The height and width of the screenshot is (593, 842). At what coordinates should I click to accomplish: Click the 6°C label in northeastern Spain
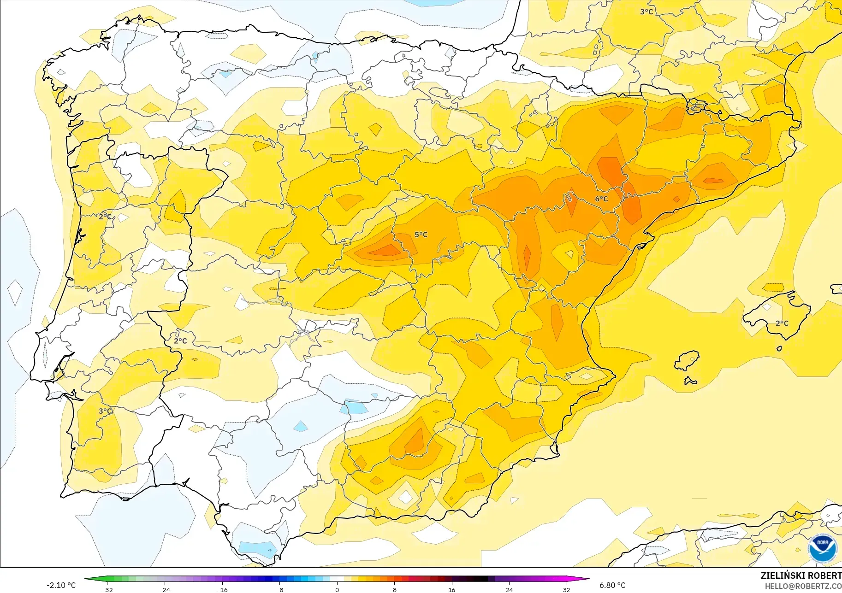coord(601,199)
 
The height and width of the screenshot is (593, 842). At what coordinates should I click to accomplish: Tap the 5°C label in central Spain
coord(421,235)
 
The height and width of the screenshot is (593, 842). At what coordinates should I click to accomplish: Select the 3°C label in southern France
coord(646,12)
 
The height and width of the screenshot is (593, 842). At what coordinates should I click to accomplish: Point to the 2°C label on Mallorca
coord(782,323)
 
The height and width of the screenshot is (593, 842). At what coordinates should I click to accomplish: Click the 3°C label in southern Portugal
coord(105,411)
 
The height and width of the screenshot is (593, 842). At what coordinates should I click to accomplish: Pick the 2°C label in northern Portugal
coord(105,217)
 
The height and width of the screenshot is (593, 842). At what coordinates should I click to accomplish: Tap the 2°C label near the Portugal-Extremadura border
coord(180,341)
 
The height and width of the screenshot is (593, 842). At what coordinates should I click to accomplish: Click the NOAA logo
coord(822,548)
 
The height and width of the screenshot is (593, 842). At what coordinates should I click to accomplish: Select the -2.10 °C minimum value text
coord(61,585)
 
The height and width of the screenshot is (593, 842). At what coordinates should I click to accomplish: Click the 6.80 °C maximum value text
coord(612,585)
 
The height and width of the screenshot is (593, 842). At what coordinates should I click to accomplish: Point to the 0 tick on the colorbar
coord(337,589)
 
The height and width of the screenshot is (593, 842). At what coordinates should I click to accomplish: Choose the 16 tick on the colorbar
coord(451,589)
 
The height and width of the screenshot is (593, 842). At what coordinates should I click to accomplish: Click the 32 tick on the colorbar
coord(566,589)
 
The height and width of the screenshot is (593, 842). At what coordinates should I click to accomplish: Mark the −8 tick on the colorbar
coord(279,589)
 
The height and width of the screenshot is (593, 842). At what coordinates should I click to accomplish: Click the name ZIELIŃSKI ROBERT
coord(801,575)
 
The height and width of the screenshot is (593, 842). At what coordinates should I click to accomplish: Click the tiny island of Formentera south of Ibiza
coord(690,381)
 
